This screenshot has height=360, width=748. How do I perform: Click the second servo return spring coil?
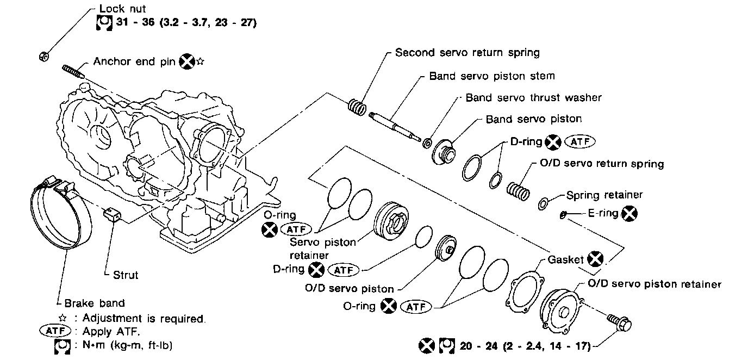tap(357, 107)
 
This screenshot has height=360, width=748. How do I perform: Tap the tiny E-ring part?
tap(564, 215)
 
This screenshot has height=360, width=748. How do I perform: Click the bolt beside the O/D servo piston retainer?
tap(620, 324)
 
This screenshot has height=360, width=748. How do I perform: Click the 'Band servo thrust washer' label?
tap(534, 97)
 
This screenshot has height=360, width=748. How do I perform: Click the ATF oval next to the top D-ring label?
tap(581, 142)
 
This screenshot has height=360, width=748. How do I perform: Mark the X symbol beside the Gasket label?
tap(596, 259)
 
